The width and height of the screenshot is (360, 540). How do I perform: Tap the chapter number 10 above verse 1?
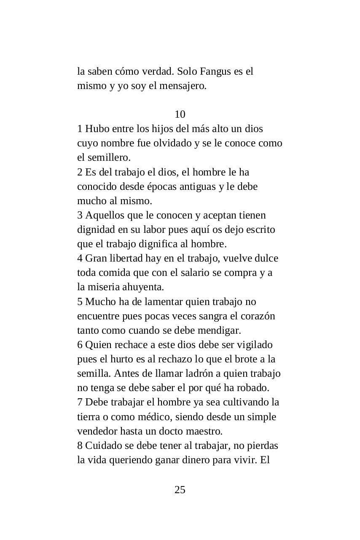[180, 114]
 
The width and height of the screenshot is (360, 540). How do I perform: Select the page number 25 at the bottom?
[180, 490]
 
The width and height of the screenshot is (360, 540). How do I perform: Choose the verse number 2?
[80, 172]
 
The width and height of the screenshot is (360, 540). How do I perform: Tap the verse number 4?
[80, 258]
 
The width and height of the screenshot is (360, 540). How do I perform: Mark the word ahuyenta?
[143, 287]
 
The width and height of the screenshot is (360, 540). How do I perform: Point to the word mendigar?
[220, 330]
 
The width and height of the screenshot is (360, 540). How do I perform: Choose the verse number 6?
[80, 345]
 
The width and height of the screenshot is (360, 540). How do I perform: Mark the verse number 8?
[80, 445]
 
